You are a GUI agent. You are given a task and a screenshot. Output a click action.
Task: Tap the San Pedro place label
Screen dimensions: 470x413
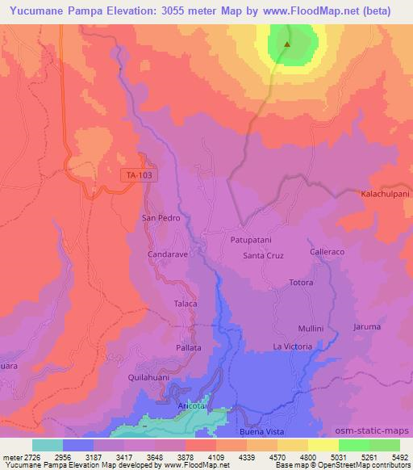coord(160,218)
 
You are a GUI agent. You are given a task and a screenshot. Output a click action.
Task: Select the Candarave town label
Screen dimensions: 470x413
coord(168,254)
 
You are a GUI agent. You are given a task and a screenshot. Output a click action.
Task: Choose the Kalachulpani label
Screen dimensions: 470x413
coord(386,195)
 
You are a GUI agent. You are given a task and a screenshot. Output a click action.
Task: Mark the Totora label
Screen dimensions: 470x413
coord(301,283)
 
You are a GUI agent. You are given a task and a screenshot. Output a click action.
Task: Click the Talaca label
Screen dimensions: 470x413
coord(186,303)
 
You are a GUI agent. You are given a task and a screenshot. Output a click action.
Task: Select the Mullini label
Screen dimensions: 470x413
coord(311,329)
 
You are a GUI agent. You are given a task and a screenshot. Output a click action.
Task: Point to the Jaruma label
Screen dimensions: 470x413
coord(366,327)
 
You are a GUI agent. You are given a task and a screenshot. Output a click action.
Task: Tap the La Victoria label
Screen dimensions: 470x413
coord(292,347)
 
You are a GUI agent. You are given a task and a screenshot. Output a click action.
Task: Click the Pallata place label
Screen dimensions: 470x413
coord(188,347)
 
